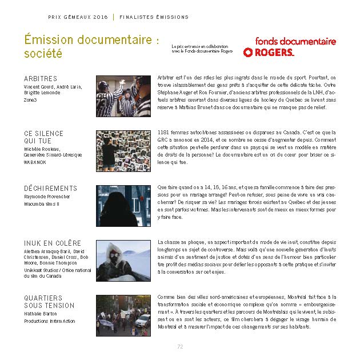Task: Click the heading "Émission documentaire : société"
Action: pyautogui.click(x=89, y=47)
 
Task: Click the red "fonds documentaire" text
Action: pyautogui.click(x=295, y=41)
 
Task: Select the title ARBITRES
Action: pyautogui.click(x=41, y=78)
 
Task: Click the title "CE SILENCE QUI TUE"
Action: pyautogui.click(x=44, y=137)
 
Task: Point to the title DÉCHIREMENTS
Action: pyautogui.click(x=50, y=189)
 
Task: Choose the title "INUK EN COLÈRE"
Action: pyautogui.click(x=53, y=243)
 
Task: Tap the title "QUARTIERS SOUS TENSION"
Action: pyautogui.click(x=49, y=302)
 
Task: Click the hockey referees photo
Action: pyautogui.click(x=123, y=96)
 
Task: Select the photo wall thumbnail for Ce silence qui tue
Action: pyautogui.click(x=123, y=151)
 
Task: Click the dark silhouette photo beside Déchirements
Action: pyautogui.click(x=123, y=206)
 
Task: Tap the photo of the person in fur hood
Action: pyautogui.click(x=123, y=261)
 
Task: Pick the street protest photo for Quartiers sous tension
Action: pyautogui.click(x=123, y=315)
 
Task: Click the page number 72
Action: pyautogui.click(x=180, y=346)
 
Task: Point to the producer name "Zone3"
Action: pyautogui.click(x=30, y=99)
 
